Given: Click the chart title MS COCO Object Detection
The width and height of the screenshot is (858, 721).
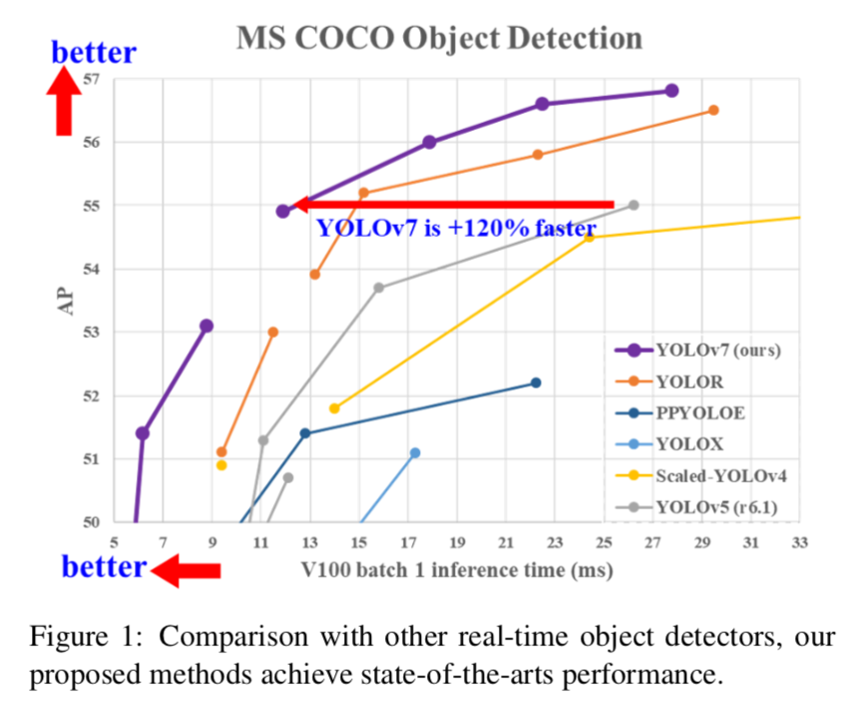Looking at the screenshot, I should [439, 39].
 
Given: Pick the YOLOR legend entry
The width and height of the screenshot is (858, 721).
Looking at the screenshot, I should [689, 380].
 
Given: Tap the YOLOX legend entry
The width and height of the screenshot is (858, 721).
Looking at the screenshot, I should [689, 444].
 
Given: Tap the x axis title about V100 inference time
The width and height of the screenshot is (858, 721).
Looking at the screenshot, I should [457, 570].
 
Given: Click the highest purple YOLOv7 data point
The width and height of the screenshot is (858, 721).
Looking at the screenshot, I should [671, 91].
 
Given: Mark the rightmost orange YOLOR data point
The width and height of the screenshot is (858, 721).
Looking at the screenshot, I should [712, 110].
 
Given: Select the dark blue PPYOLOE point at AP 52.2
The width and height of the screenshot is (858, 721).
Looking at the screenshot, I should [536, 382].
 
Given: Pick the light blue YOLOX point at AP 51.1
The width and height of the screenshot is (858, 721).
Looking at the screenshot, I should [415, 452].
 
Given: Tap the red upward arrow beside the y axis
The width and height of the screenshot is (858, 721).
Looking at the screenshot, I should [67, 101].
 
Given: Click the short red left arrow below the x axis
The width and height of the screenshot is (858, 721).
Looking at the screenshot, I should [187, 570].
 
